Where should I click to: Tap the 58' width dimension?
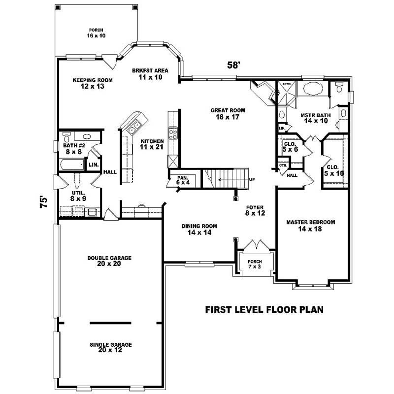click(233, 65)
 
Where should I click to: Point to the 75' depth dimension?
click(44, 202)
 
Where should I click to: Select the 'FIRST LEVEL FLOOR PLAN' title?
click(263, 310)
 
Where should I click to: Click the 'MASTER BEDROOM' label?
click(311, 226)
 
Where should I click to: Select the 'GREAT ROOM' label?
click(228, 114)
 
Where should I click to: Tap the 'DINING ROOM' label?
click(199, 230)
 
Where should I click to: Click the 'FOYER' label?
click(255, 210)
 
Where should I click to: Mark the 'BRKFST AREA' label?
click(150, 74)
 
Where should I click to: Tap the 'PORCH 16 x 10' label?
click(97, 33)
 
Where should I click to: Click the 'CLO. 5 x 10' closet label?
click(333, 170)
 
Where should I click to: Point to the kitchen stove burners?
click(173, 132)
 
